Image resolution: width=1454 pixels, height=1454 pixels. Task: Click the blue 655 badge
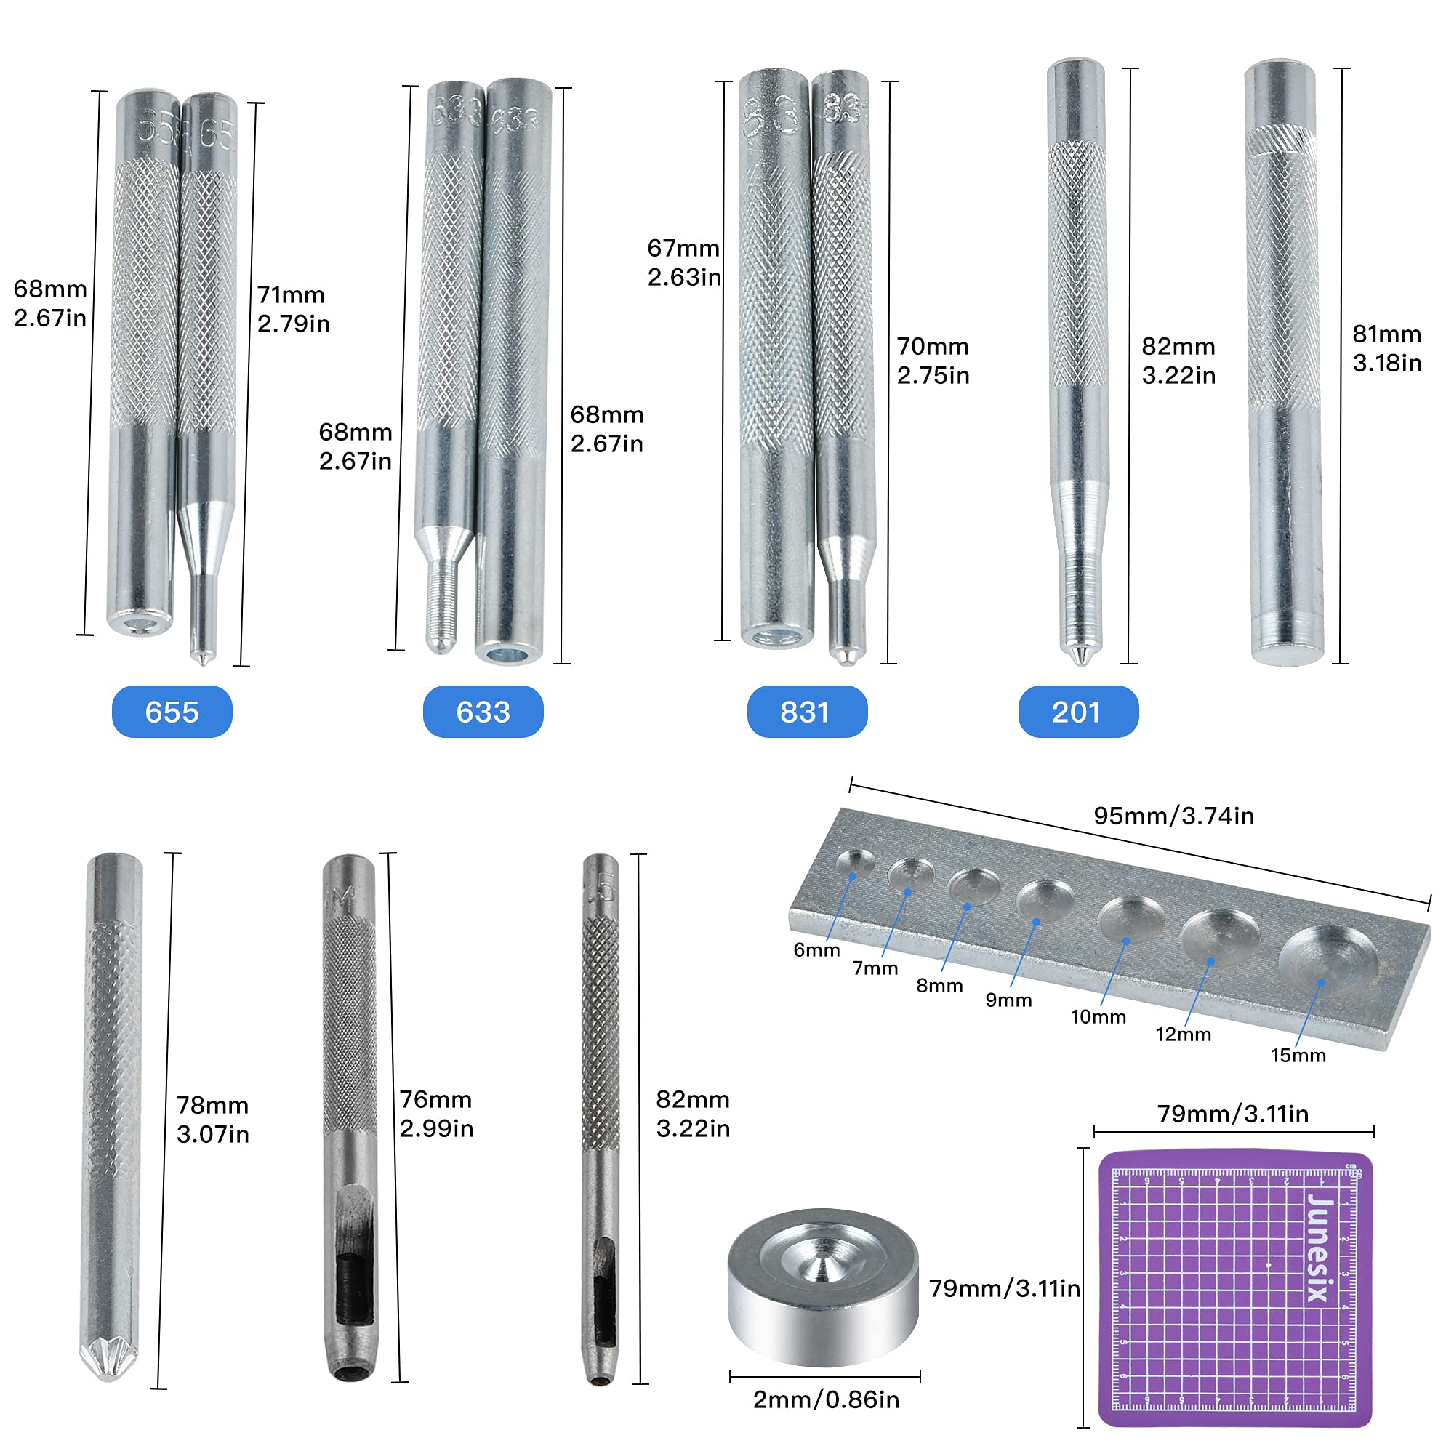(172, 711)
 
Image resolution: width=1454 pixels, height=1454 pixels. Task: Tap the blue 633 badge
(483, 711)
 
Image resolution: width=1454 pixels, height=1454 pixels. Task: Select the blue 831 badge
(807, 711)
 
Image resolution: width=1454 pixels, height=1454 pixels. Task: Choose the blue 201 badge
(1077, 711)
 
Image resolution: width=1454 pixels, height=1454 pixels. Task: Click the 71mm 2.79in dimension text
(294, 308)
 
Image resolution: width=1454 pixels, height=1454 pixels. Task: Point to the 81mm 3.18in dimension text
(1386, 348)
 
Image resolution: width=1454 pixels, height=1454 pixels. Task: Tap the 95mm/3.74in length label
(1173, 816)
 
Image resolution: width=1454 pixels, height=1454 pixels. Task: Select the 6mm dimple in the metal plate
(855, 863)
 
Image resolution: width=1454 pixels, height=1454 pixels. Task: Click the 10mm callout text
(1098, 1017)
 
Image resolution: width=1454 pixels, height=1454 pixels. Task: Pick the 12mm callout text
(1183, 1034)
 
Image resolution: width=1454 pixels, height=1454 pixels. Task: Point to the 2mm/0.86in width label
(826, 1399)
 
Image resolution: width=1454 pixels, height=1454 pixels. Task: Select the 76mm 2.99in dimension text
(435, 1113)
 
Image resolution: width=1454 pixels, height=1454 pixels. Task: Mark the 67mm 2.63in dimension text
(683, 262)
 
